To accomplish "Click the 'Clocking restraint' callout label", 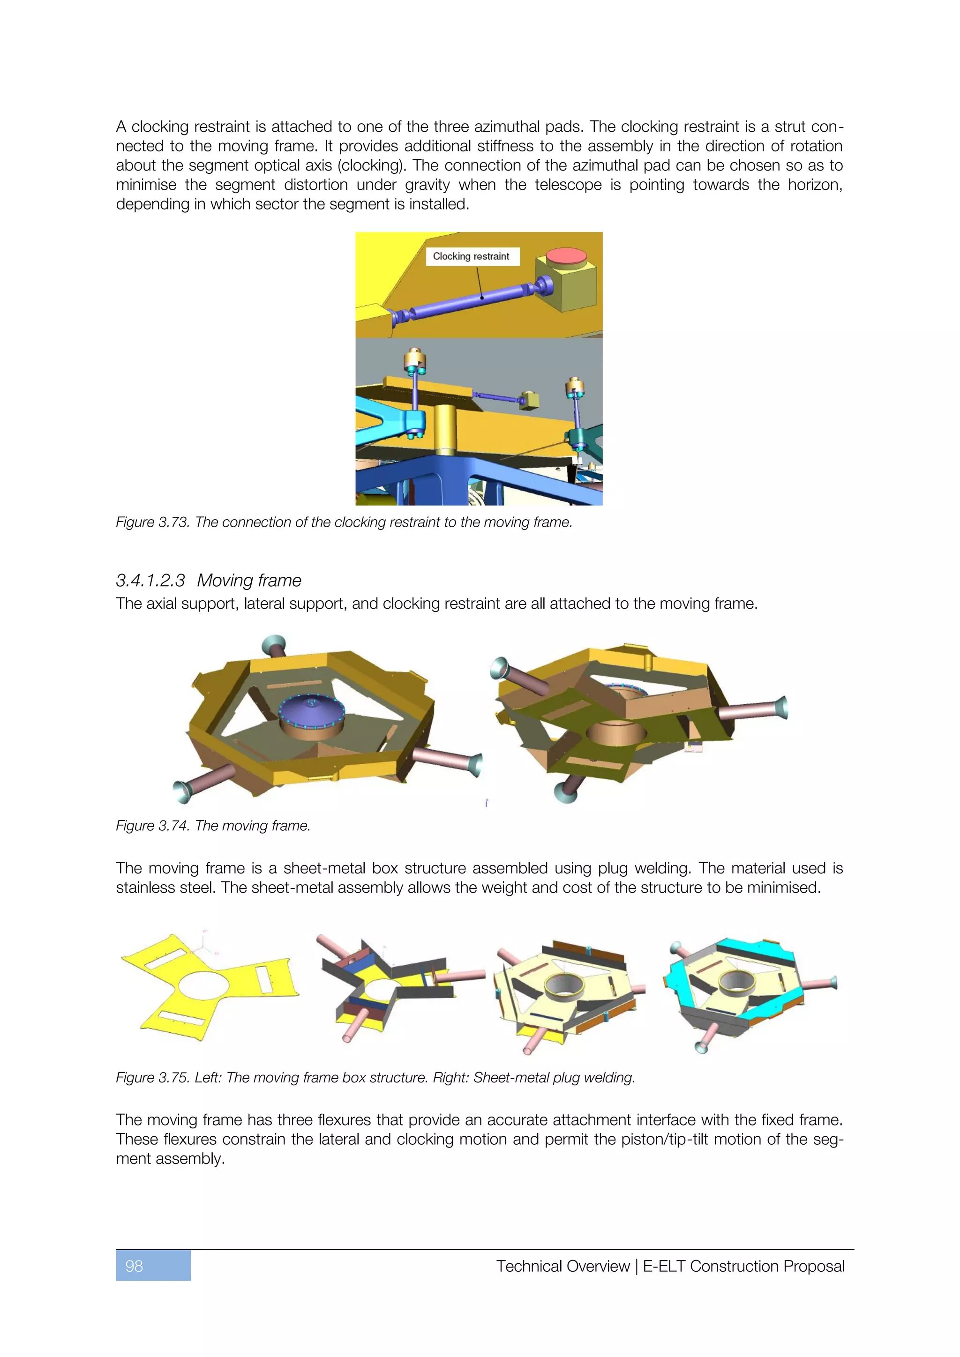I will point(471,256).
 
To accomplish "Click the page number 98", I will point(134,1266).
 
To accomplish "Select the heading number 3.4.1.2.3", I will point(150,581).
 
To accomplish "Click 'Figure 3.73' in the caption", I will point(152,522).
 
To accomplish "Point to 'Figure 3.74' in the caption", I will point(152,826).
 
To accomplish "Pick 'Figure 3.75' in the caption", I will point(152,1077).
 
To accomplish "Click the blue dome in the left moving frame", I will point(312,710).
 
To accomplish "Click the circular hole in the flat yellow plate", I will point(203,985).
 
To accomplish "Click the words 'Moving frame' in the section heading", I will point(249,581).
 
